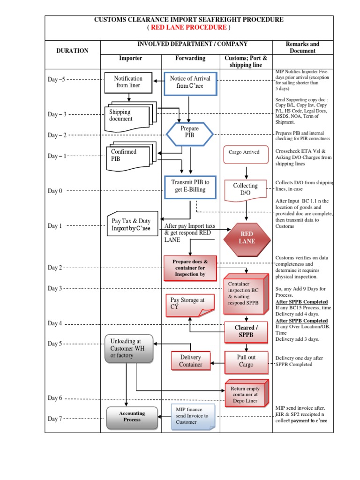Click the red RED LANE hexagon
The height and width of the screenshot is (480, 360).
247,238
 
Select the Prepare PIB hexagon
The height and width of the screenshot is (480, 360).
190,132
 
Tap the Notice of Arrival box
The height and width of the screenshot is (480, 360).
190,83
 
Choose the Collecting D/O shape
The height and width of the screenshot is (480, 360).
246,189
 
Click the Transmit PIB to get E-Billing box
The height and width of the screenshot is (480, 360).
190,187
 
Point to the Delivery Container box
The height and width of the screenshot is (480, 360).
190,361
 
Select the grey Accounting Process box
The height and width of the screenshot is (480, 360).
132,417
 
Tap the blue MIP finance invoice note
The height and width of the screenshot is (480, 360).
193,416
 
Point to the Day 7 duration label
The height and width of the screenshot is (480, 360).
55,419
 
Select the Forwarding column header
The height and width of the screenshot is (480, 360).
190,59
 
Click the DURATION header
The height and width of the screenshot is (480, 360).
72,51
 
